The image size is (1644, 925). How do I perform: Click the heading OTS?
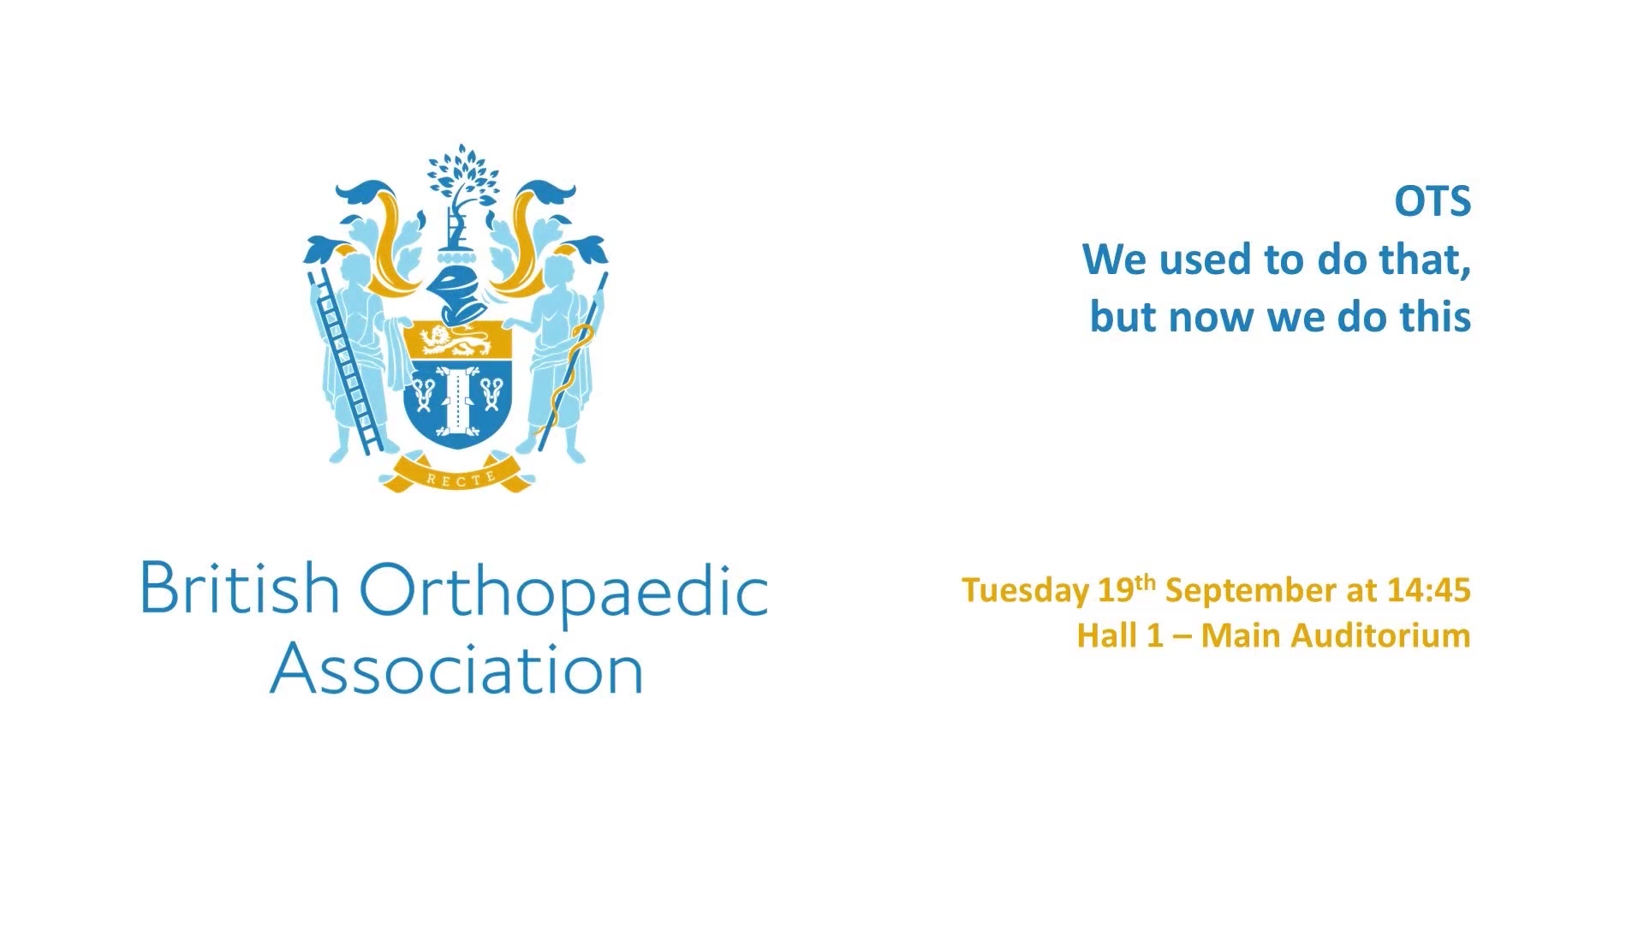(1433, 202)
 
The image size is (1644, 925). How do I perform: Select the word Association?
(456, 668)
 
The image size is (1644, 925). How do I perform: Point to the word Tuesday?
(1025, 591)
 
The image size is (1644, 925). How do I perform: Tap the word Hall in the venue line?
(1105, 636)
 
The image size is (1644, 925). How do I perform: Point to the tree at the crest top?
(462, 175)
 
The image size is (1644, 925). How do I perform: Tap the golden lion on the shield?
(456, 342)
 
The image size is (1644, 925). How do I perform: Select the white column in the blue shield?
(457, 398)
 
